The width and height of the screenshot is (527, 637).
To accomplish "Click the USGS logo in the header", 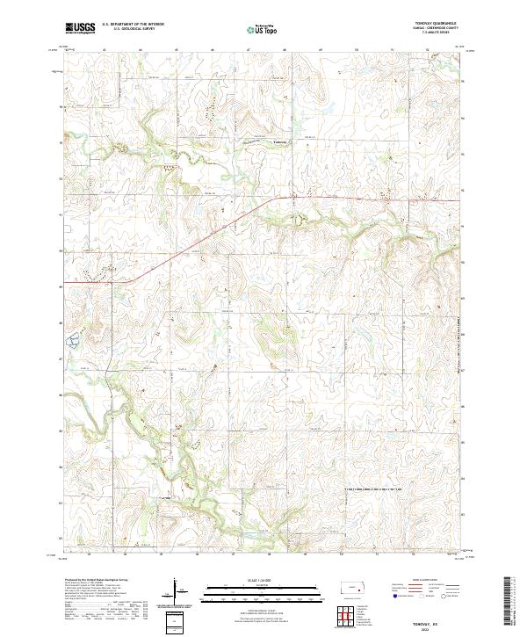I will click(x=80, y=28).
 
